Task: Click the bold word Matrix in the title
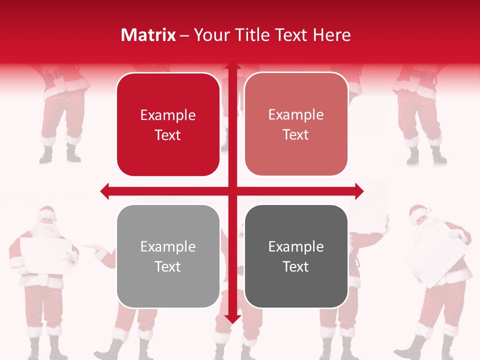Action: pos(148,35)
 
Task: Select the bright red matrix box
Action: pos(168,125)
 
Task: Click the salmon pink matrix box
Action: pos(296,124)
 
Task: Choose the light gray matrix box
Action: pos(168,256)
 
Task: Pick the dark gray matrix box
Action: pos(296,256)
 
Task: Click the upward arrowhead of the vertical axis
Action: pos(232,66)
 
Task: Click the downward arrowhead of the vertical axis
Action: pos(232,318)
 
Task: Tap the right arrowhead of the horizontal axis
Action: pos(358,191)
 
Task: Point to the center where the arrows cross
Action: pos(232,191)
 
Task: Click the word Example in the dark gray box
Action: pos(296,246)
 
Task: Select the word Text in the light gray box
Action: pos(168,266)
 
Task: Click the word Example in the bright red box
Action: pos(168,115)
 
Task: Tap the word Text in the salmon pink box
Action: pos(296,134)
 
